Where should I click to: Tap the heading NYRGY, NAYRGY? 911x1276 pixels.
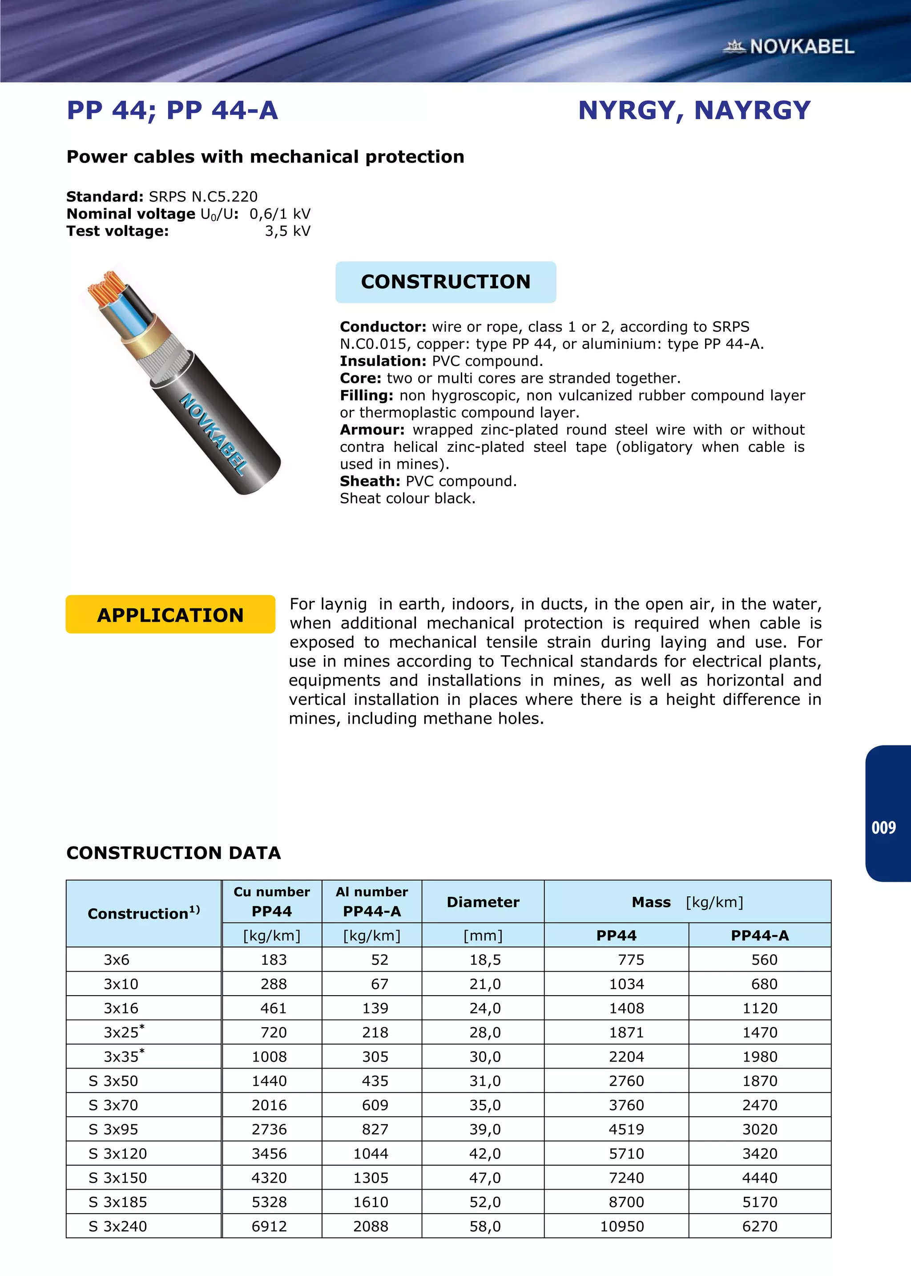pos(694,110)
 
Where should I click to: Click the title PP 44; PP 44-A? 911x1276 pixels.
pos(172,110)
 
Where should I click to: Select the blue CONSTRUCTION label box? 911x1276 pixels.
pos(445,282)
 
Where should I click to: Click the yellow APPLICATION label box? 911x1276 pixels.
pos(170,615)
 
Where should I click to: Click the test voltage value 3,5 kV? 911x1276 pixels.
pos(287,231)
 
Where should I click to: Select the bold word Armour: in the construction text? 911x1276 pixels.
pos(372,430)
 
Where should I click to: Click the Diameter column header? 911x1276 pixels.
pos(483,902)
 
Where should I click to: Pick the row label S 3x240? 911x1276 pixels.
pos(118,1226)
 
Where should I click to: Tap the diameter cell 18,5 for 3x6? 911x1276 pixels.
pos(485,960)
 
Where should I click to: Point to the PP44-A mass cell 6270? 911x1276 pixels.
pos(760,1226)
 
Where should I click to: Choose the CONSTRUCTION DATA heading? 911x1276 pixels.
pos(173,853)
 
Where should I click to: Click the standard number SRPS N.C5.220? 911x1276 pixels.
pos(203,196)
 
